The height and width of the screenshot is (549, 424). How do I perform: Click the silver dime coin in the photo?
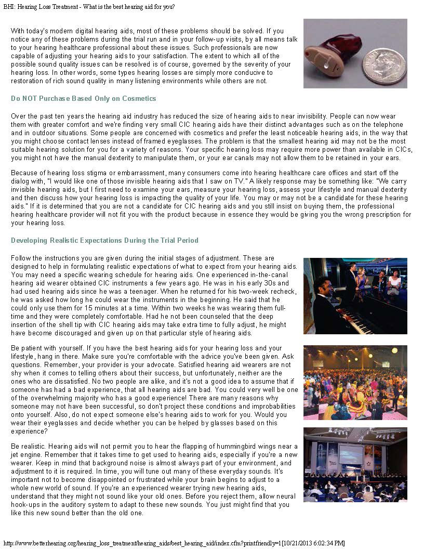click(385, 67)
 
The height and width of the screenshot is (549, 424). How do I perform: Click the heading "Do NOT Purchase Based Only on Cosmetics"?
click(83, 99)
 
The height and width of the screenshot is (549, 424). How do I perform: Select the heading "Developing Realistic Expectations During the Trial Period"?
click(104, 241)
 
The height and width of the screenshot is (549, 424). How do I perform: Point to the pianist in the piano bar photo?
click(325, 302)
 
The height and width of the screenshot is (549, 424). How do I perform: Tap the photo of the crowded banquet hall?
click(355, 382)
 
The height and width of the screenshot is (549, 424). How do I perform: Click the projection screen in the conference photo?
click(351, 455)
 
